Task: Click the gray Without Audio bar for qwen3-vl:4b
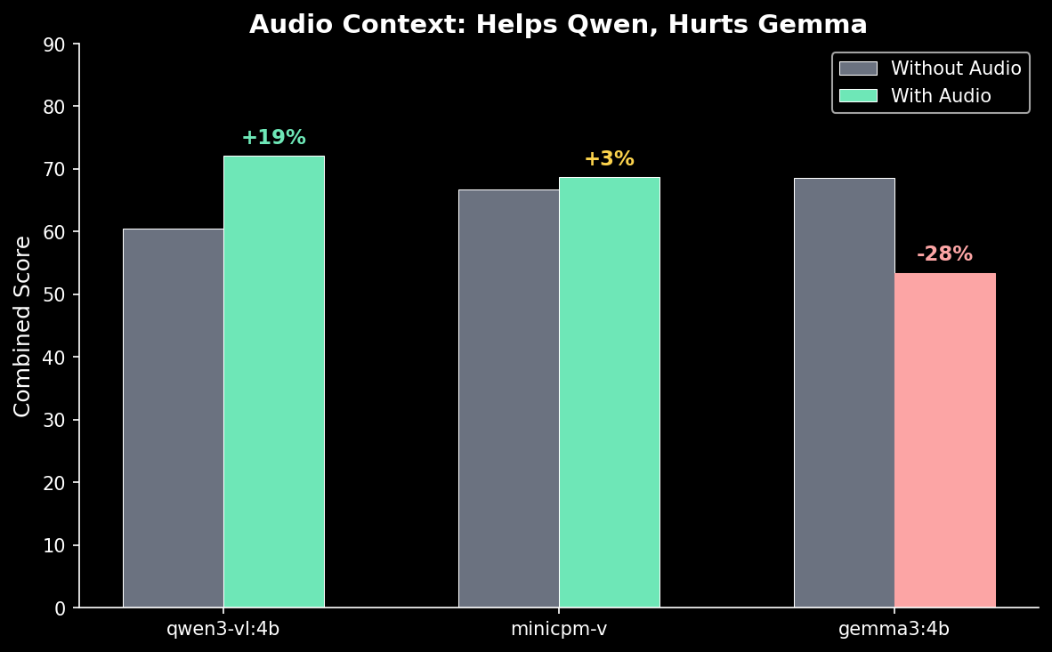click(x=174, y=418)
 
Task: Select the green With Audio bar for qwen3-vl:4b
click(x=274, y=382)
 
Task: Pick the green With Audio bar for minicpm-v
click(x=610, y=392)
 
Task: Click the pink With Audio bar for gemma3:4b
click(x=945, y=440)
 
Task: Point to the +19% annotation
click(x=274, y=138)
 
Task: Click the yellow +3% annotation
click(x=609, y=159)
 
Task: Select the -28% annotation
click(x=944, y=254)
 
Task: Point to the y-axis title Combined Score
click(x=23, y=326)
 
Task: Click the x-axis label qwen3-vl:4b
click(x=223, y=629)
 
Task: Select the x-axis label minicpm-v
click(x=559, y=629)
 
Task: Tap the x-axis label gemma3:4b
click(x=894, y=629)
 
